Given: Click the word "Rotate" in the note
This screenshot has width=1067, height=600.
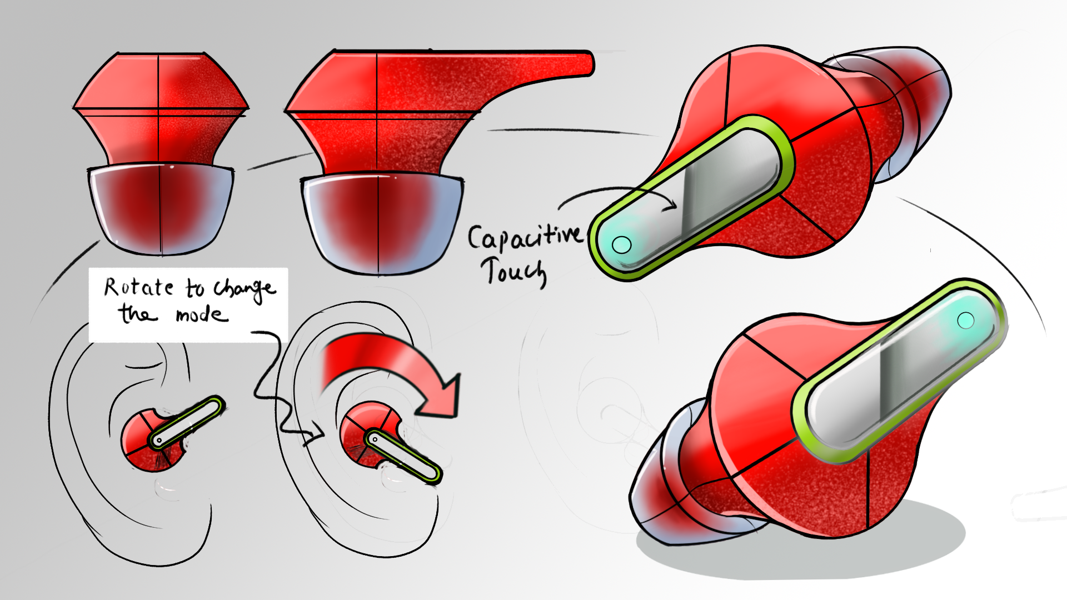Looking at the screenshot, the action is point(139,287).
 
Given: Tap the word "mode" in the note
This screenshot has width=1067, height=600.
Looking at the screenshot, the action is point(202,315).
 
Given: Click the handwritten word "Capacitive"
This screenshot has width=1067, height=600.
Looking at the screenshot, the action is point(525,237).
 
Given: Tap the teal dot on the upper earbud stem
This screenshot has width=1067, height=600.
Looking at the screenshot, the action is point(621,244).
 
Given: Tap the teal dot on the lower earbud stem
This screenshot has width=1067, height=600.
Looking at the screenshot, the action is point(966,320).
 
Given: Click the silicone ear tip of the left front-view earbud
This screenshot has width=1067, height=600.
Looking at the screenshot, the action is point(161,209).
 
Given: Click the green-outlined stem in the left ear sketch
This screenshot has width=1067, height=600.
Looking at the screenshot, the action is point(187,422).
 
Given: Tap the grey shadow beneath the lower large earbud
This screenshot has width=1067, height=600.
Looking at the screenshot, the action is point(806,550).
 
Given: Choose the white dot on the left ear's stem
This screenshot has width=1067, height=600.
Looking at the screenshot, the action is point(159,441).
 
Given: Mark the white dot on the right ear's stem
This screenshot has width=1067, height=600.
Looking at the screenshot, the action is point(375,439).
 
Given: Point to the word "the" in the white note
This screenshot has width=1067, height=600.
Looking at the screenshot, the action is point(136,313).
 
